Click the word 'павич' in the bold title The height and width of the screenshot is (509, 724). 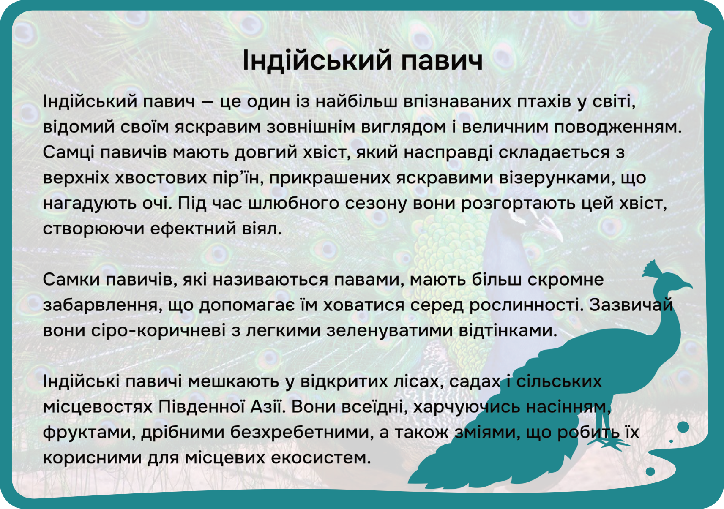(x=442, y=61)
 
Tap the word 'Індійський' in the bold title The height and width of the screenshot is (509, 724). (x=317, y=61)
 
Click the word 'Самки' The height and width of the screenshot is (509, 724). (x=71, y=280)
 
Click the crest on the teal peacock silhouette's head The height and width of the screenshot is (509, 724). (x=652, y=269)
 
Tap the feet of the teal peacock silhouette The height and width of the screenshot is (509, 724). (x=608, y=444)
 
